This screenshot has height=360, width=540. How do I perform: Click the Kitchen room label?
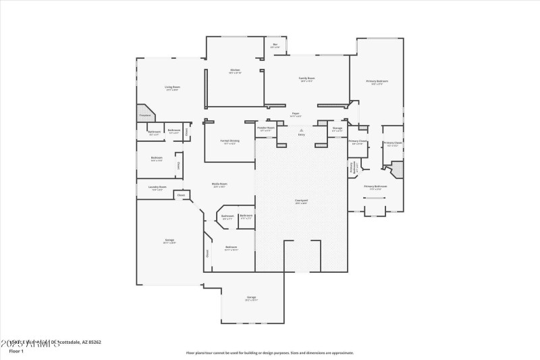pyautogui.click(x=235, y=71)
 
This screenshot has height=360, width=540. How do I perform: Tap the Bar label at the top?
pyautogui.click(x=275, y=46)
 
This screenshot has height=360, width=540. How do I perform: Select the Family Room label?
pyautogui.click(x=307, y=79)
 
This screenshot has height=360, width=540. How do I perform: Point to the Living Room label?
pyautogui.click(x=172, y=88)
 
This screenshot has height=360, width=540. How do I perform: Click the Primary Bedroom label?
pyautogui.click(x=377, y=82)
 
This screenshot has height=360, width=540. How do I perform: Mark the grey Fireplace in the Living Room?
pyautogui.click(x=145, y=113)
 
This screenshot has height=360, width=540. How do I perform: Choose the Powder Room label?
pyautogui.click(x=266, y=128)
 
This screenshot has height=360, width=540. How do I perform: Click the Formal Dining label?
pyautogui.click(x=229, y=142)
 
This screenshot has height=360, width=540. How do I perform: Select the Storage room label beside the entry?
pyautogui.click(x=337, y=129)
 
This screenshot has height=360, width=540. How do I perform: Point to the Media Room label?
pyautogui.click(x=219, y=185)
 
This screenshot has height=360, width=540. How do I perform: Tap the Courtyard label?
pyautogui.click(x=301, y=201)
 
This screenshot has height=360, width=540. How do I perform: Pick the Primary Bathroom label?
pyautogui.click(x=375, y=187)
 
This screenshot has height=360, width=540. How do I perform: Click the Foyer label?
pyautogui.click(x=295, y=114)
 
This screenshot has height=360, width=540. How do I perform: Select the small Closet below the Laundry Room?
pyautogui.click(x=180, y=195)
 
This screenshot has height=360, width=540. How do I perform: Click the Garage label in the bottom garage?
pyautogui.click(x=251, y=299)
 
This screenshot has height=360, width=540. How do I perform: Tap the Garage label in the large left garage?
pyautogui.click(x=169, y=241)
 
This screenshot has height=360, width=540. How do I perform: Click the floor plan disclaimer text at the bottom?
pyautogui.click(x=270, y=353)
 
